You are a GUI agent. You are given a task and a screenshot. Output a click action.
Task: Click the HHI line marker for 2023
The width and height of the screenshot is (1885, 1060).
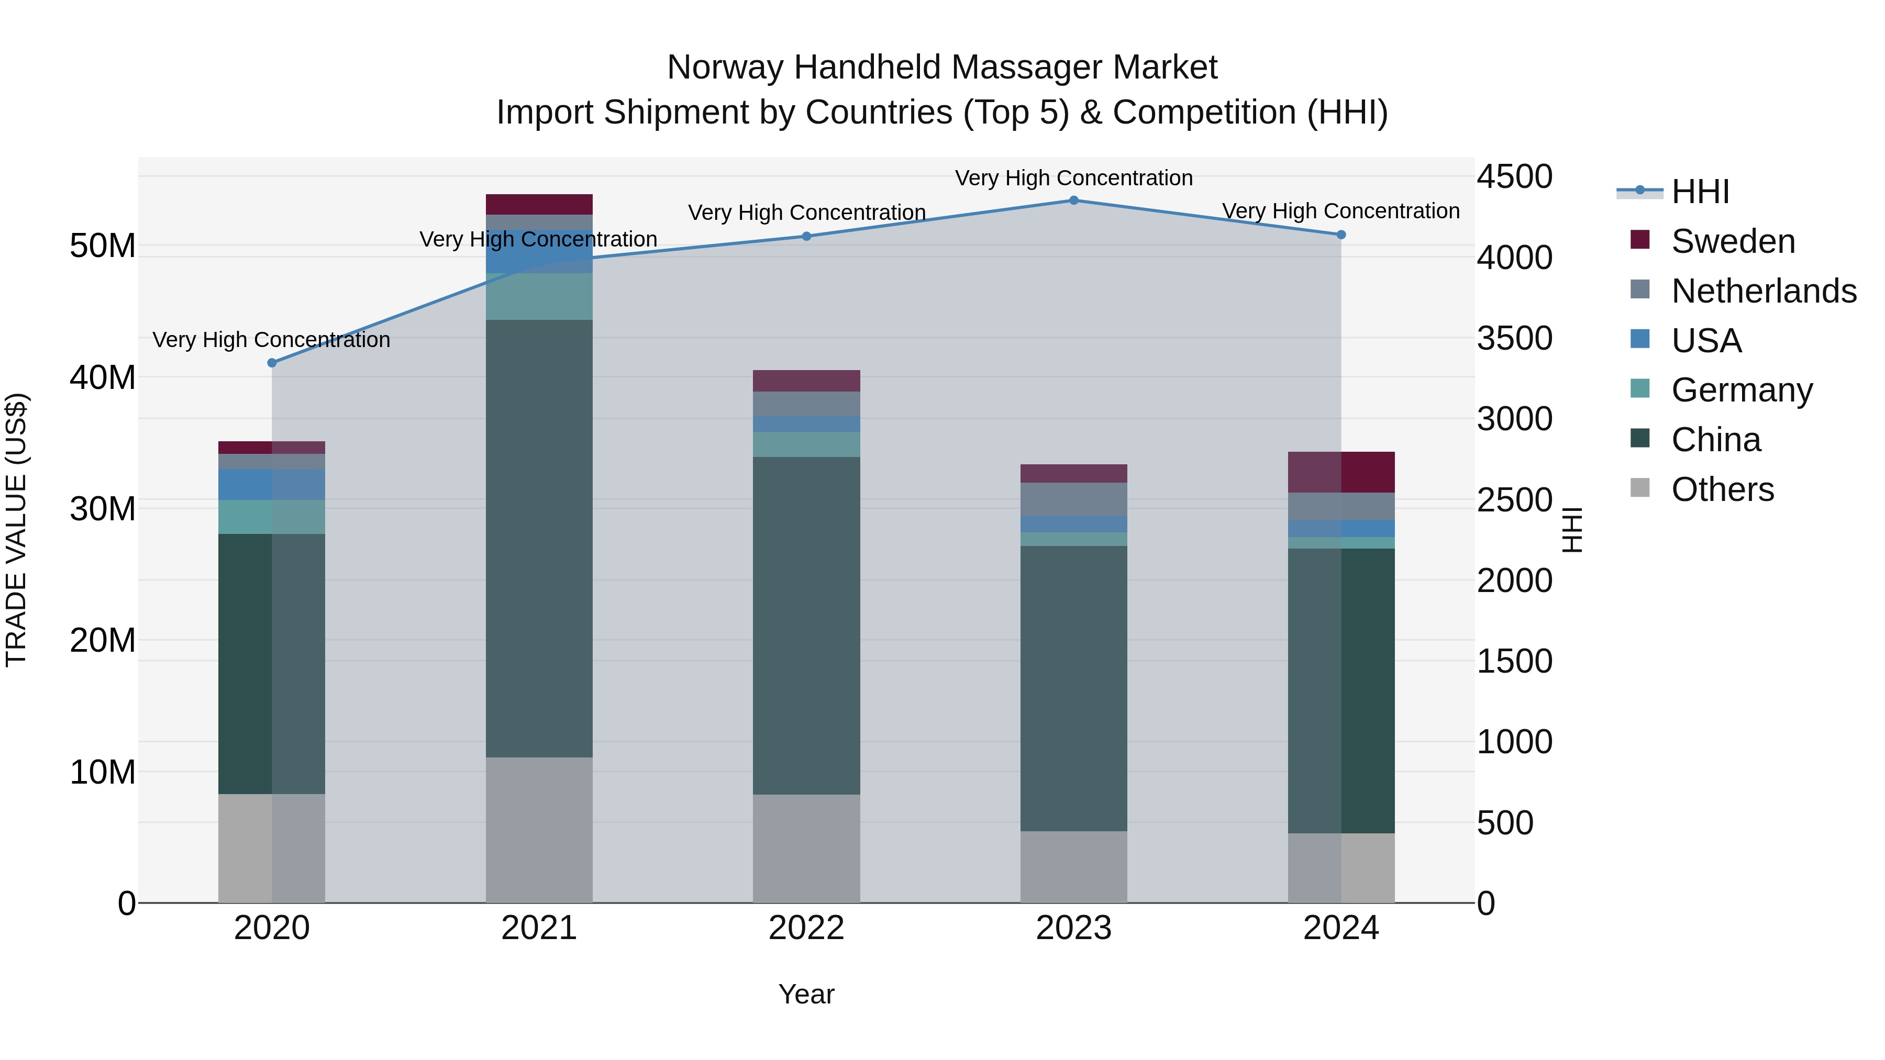click(x=1073, y=200)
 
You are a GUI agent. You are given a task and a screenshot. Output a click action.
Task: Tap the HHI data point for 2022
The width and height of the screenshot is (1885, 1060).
click(x=806, y=236)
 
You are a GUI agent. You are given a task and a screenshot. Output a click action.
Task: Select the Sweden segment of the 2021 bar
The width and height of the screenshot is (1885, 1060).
click(x=539, y=204)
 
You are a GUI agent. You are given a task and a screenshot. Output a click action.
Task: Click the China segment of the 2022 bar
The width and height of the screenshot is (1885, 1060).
click(x=806, y=626)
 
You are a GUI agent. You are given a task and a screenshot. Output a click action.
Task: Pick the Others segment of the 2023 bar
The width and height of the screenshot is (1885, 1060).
click(x=1073, y=867)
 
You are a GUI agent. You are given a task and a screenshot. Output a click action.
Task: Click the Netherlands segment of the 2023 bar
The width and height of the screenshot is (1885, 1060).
click(x=1073, y=499)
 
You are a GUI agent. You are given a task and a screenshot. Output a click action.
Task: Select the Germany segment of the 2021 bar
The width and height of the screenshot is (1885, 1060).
click(x=539, y=296)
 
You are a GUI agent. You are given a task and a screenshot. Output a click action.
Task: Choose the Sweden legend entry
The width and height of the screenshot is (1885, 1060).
click(x=1732, y=241)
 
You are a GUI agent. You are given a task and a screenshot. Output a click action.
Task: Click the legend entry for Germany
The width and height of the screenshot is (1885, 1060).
click(x=1742, y=390)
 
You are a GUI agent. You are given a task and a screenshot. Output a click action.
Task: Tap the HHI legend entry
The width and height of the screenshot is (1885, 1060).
click(x=1699, y=192)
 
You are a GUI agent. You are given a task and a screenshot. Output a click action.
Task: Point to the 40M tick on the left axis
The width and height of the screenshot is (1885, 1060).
click(x=103, y=377)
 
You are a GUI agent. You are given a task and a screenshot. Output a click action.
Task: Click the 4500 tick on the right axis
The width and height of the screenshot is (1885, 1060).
click(x=1514, y=177)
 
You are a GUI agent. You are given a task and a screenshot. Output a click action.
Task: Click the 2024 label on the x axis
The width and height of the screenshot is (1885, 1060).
click(x=1340, y=928)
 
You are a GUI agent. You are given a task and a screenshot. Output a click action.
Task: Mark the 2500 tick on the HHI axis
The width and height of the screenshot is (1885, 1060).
click(x=1514, y=500)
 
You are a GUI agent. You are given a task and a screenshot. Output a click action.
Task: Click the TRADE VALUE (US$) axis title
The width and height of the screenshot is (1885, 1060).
click(x=16, y=530)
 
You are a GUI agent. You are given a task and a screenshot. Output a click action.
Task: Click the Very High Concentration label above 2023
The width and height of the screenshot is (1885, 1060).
click(x=1073, y=178)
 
